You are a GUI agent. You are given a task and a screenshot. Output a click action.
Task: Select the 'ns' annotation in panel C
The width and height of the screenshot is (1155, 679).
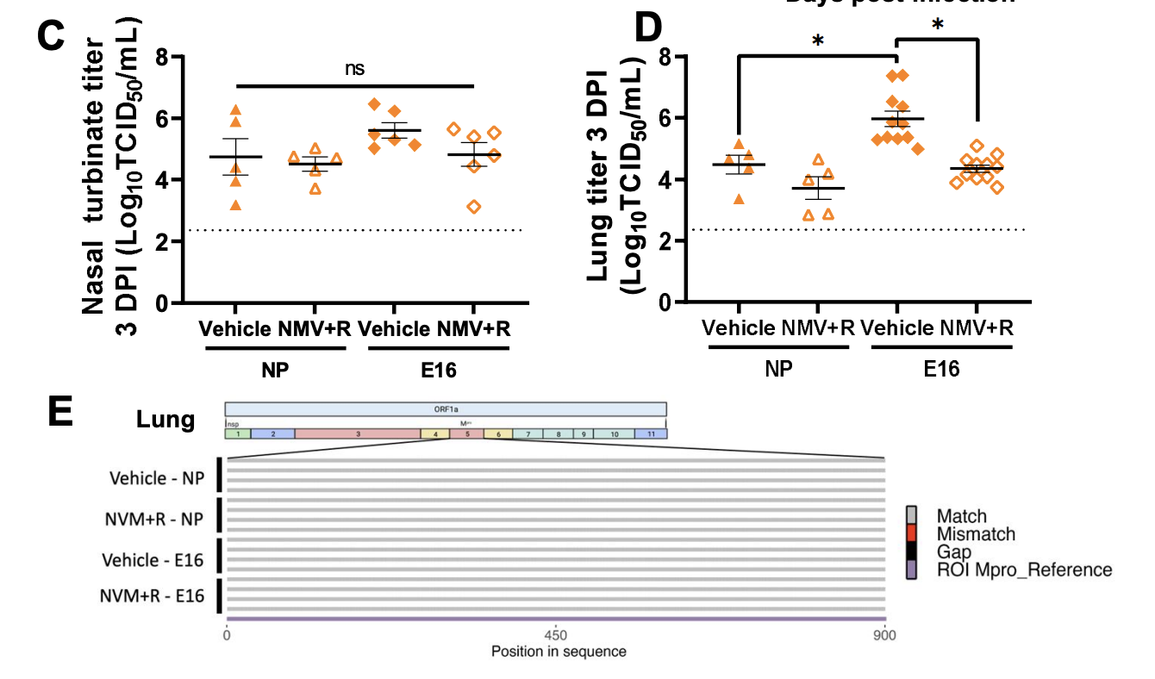(x=355, y=69)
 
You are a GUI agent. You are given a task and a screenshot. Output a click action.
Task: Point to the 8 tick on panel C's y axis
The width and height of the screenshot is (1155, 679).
(x=161, y=57)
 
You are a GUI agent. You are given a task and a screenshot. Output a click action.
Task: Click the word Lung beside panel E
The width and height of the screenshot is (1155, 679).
(x=165, y=420)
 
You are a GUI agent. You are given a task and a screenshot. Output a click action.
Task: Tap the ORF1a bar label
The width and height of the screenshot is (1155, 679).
(x=446, y=409)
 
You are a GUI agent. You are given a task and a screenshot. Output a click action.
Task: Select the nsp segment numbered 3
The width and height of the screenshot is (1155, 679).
(x=358, y=434)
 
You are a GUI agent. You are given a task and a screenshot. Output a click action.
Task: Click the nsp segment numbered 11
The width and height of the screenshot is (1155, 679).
(x=651, y=434)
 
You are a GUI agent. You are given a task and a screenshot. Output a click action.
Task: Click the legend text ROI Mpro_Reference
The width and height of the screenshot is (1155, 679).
(x=1024, y=570)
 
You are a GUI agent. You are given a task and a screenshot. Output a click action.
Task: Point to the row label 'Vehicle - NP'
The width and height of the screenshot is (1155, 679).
(x=157, y=477)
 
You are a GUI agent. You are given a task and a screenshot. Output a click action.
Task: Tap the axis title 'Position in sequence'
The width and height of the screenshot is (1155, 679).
(x=559, y=651)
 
